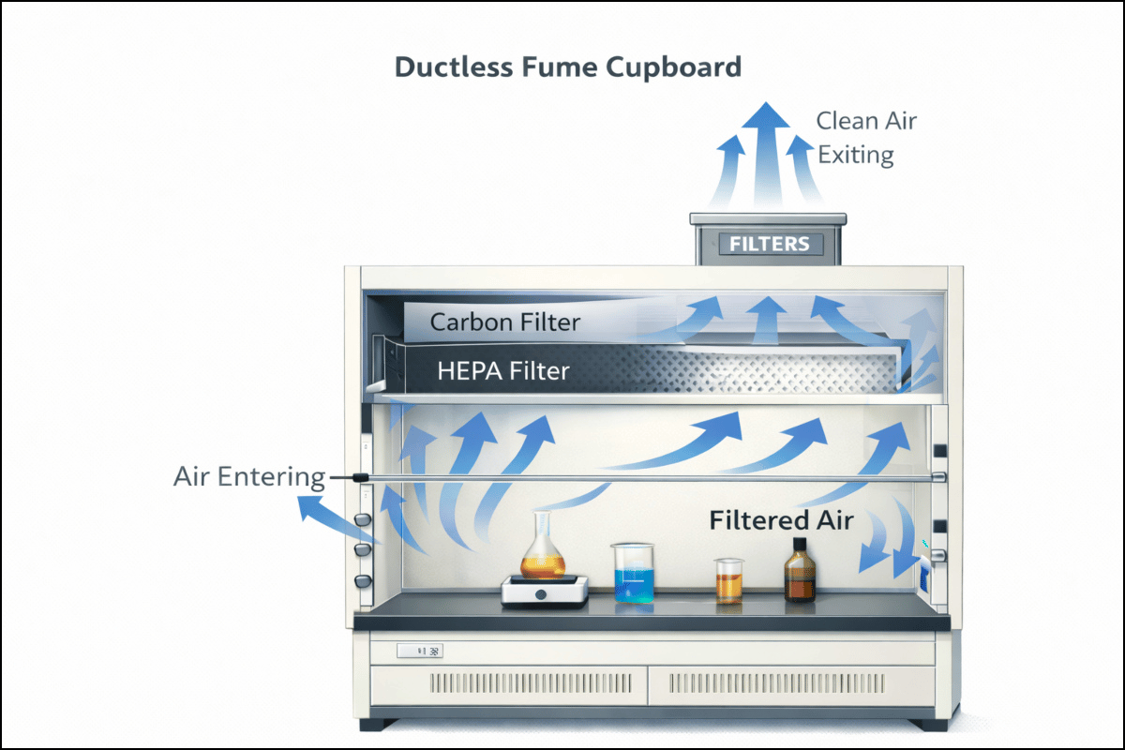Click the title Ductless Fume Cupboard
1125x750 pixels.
(x=567, y=67)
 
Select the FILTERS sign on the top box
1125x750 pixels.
(x=769, y=245)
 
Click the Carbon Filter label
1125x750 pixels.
(x=504, y=322)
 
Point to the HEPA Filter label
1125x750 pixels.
(x=502, y=371)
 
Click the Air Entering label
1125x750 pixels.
(x=248, y=477)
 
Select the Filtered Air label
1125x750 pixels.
(x=781, y=520)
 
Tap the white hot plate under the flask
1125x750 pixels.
(x=545, y=591)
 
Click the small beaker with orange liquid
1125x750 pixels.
(x=727, y=580)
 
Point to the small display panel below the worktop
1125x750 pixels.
(x=419, y=650)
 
